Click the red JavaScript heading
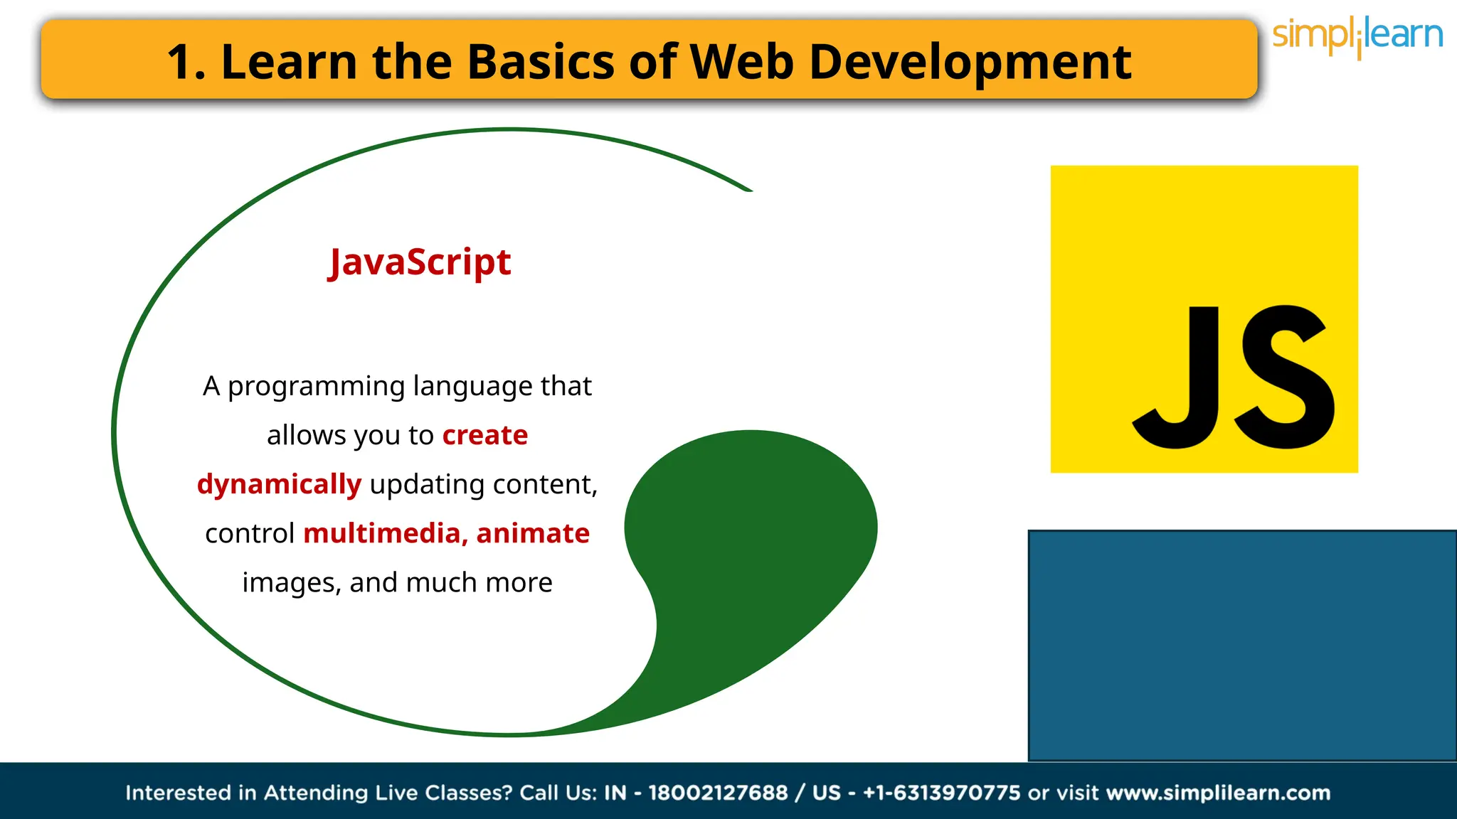point(420,263)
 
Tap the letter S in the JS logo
point(1285,377)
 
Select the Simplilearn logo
point(1357,36)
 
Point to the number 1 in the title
point(181,62)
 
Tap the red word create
point(484,435)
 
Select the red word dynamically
point(279,484)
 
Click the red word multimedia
point(382,533)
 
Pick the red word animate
point(533,533)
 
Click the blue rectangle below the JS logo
point(1241,645)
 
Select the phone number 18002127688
point(718,793)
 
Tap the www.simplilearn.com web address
point(1218,793)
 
